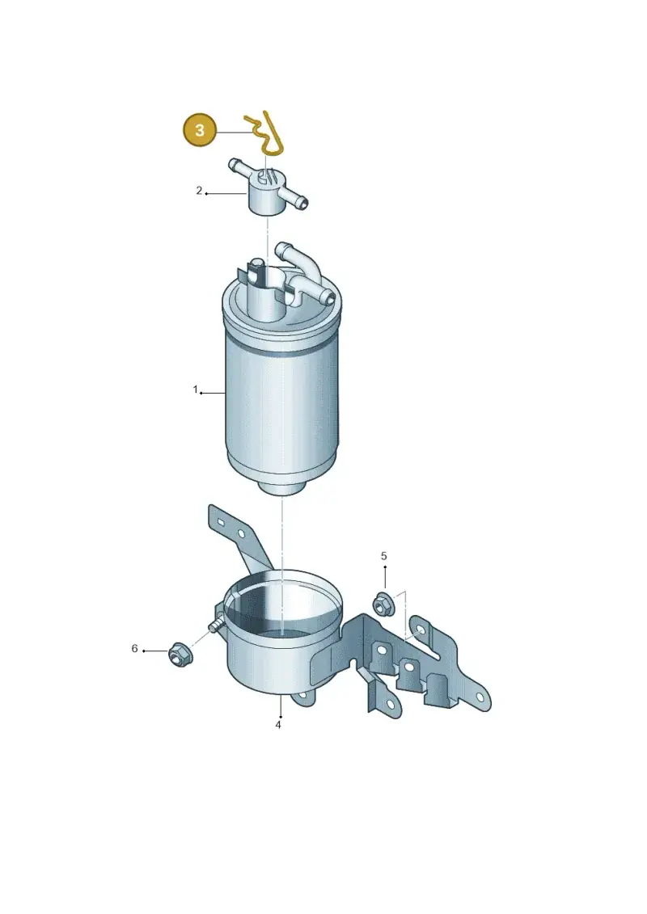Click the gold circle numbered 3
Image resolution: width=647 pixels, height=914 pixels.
[200, 130]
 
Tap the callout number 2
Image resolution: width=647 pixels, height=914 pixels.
[199, 191]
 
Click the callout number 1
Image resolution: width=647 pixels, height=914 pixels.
[196, 390]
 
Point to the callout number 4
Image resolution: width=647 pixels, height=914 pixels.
[278, 725]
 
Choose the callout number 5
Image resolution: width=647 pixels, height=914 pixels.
[384, 556]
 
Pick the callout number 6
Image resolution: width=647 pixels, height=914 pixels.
[135, 648]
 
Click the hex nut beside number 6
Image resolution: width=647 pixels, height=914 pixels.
[177, 655]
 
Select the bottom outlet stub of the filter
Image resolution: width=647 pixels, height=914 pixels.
[281, 486]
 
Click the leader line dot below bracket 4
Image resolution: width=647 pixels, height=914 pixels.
[281, 716]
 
